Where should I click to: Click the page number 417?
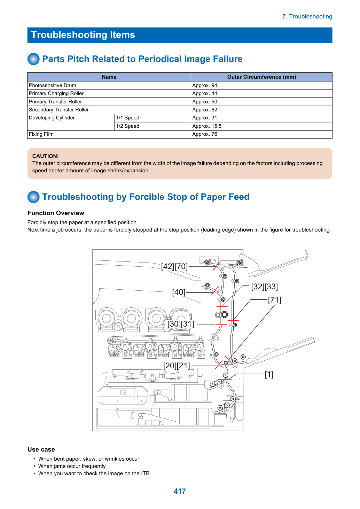[x=180, y=491]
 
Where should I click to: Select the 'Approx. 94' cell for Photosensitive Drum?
[x=205, y=85]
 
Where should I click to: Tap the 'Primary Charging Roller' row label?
[x=56, y=93]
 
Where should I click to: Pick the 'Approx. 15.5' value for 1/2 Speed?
[x=206, y=126]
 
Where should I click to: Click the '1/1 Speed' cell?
[x=127, y=118]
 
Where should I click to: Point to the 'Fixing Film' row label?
[x=41, y=134]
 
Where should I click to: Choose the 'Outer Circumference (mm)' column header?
[x=261, y=77]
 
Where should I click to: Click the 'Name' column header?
[x=109, y=77]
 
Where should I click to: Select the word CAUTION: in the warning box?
[x=46, y=156]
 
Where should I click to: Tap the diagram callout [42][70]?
[x=174, y=266]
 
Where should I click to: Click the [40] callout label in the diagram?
[x=179, y=292]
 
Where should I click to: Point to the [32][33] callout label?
[x=265, y=287]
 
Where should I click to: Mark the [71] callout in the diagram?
[x=275, y=300]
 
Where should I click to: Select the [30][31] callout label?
[x=181, y=324]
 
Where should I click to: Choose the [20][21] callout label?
[x=177, y=366]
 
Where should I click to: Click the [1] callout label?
[x=269, y=374]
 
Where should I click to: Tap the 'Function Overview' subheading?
[x=56, y=213]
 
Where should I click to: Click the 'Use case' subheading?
[x=41, y=449]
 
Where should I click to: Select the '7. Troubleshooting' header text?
[x=307, y=16]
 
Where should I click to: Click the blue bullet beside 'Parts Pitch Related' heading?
[x=33, y=59]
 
